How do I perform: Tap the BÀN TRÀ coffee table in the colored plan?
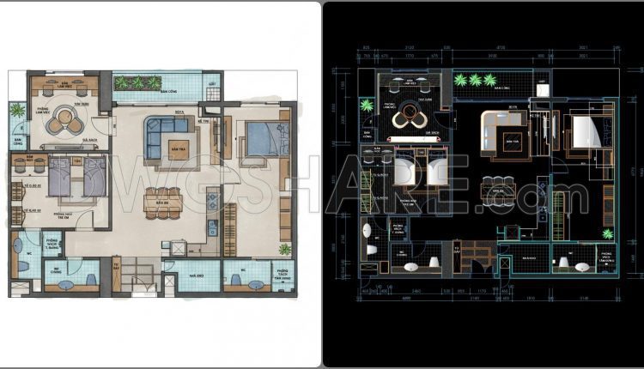179,146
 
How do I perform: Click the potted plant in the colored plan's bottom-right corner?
284,249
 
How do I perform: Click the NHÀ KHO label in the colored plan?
195,276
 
